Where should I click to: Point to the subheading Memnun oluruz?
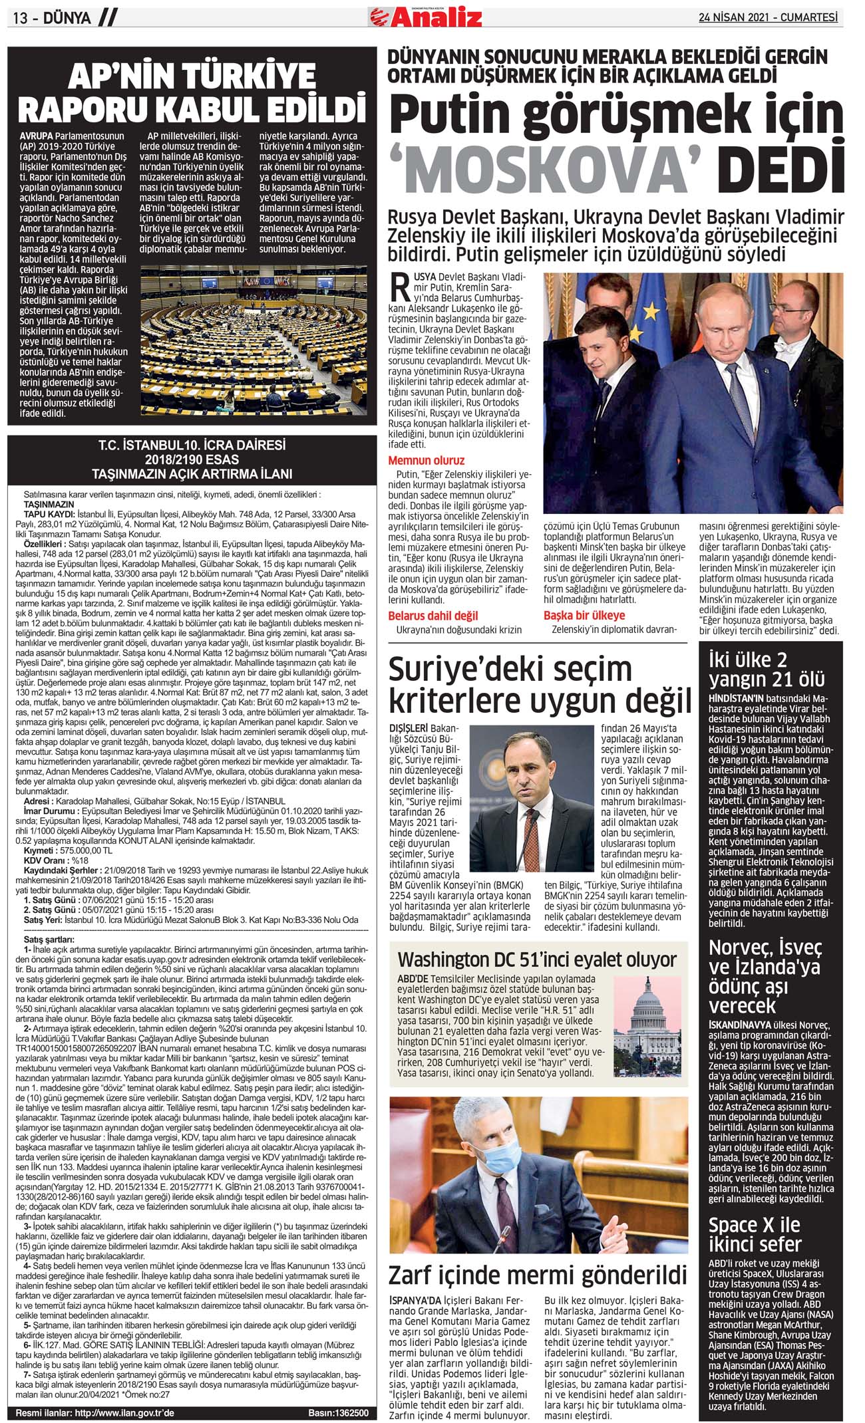click(x=426, y=460)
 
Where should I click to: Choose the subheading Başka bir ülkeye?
click(x=584, y=615)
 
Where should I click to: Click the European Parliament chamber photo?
click(x=254, y=336)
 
